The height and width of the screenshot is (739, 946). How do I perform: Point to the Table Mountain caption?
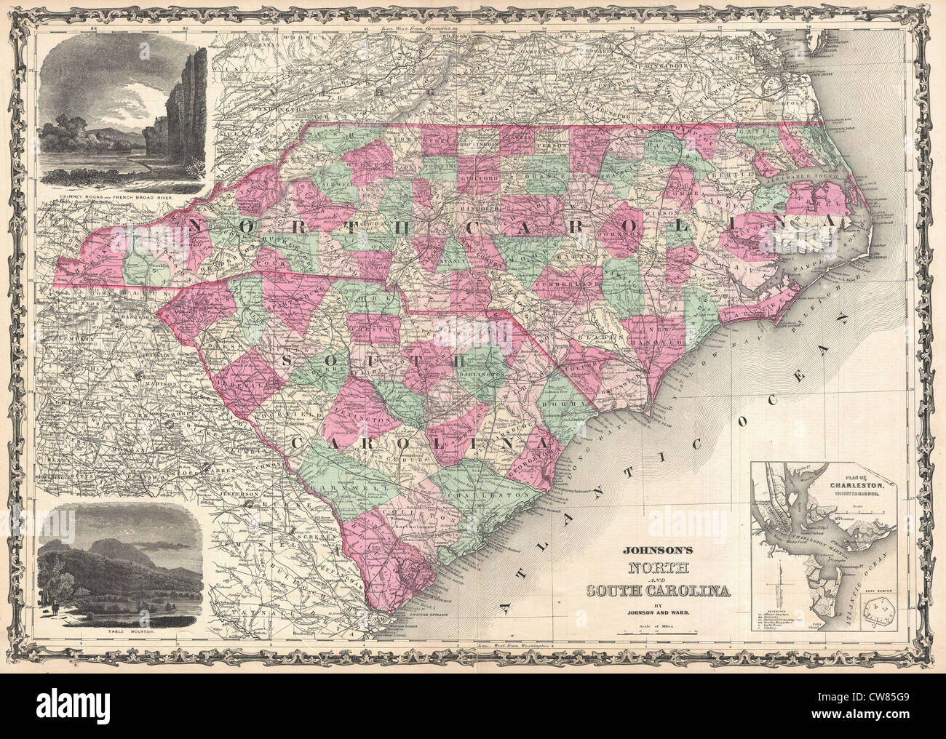120,632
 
